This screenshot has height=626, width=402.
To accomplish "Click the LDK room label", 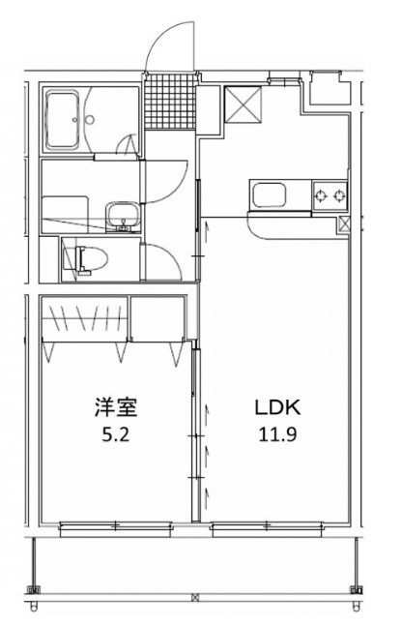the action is click(277, 407).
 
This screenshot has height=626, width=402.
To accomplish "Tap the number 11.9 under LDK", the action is click(277, 434).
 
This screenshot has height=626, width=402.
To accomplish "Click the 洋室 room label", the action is click(116, 407).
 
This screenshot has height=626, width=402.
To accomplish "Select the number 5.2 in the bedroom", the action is click(116, 434).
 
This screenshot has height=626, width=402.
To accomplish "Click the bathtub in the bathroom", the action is click(62, 119).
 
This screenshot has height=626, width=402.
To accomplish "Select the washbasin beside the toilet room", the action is click(123, 217).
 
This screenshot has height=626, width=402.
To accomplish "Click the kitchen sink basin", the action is click(270, 195).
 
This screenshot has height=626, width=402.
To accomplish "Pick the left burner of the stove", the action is click(320, 195).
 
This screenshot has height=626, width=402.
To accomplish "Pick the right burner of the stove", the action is click(339, 195).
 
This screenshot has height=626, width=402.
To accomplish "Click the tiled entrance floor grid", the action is click(171, 102).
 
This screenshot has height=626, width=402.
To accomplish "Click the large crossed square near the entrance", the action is click(243, 104).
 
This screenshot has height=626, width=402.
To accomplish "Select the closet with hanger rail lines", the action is click(85, 318).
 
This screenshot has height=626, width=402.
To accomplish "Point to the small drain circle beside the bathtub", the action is click(90, 119).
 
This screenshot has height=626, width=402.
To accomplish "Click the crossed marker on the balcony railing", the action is click(194, 598).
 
